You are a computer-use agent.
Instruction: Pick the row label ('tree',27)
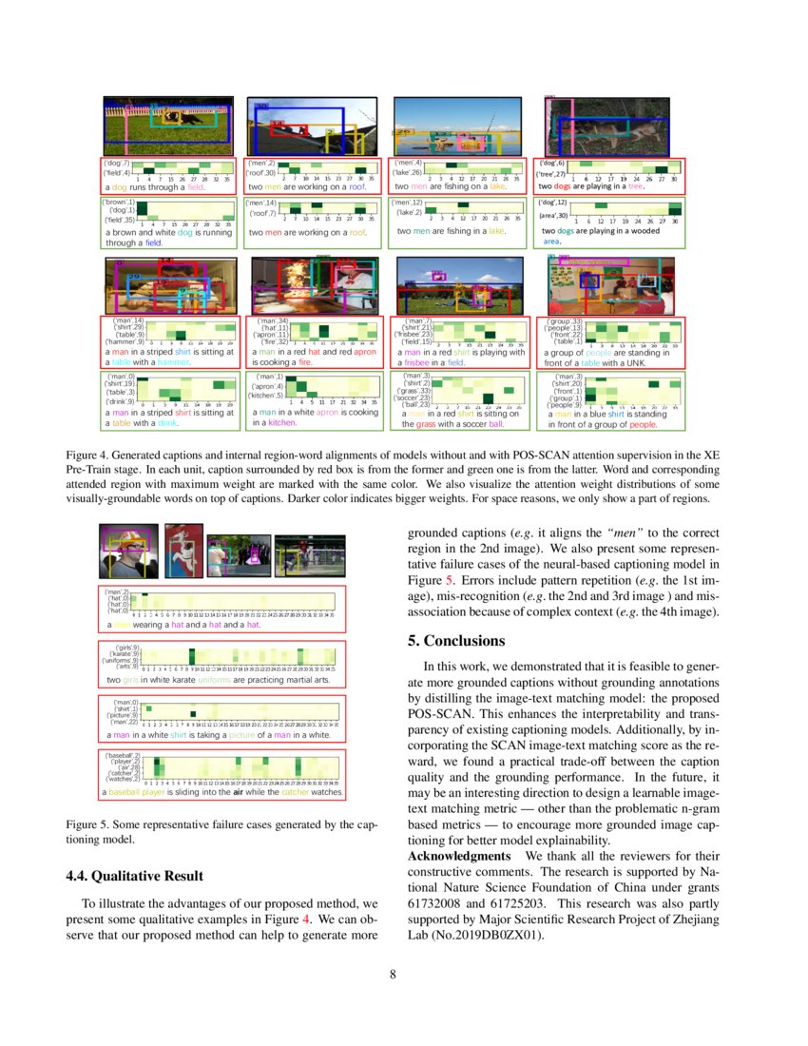tap(553, 174)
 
